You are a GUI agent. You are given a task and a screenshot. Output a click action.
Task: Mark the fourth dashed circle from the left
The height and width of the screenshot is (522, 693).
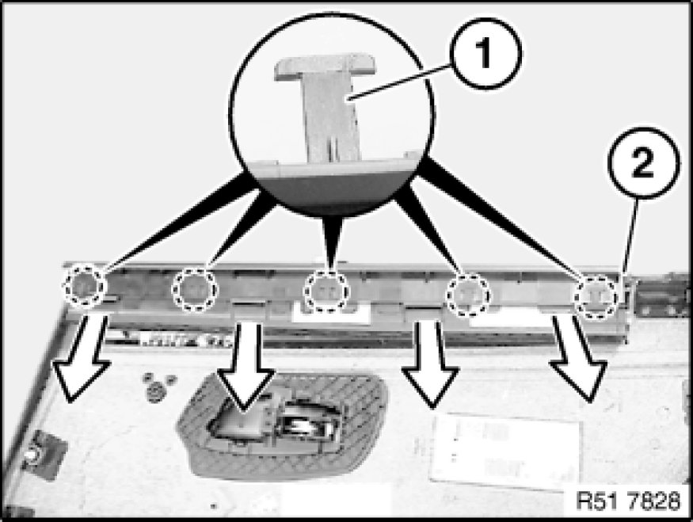pyautogui.click(x=468, y=294)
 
